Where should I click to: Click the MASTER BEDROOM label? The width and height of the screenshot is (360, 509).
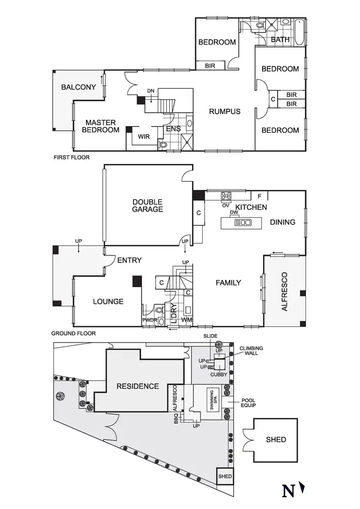(100, 126)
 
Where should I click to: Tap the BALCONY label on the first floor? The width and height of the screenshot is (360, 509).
(78, 87)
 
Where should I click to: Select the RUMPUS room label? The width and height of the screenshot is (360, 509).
(224, 111)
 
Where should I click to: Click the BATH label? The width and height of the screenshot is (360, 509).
(280, 40)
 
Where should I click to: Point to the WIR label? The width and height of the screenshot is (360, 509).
(143, 136)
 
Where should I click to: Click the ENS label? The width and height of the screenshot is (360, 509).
(173, 129)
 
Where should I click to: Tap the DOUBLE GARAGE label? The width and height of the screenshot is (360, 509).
(148, 205)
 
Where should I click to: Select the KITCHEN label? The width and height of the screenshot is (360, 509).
(250, 207)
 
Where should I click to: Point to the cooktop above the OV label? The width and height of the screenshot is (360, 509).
(226, 195)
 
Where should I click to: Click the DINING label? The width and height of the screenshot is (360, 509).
(283, 222)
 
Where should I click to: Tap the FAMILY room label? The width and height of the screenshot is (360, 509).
(228, 282)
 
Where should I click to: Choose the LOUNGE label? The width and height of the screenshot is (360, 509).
(108, 301)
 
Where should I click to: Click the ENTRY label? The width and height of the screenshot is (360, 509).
(129, 260)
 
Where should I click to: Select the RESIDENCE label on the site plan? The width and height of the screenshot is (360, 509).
(137, 386)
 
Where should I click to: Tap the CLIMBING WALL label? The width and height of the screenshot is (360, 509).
(252, 351)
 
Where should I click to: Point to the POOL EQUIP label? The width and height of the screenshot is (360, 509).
(249, 402)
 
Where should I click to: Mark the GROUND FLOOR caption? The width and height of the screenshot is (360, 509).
(73, 334)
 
